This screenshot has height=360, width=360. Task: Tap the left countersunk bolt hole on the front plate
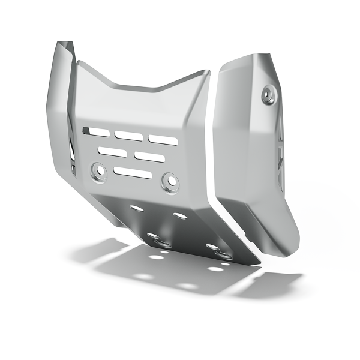(99, 170)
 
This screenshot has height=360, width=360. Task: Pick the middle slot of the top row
(128, 135)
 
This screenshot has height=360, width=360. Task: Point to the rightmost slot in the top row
(163, 140)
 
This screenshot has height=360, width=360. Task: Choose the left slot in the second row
(113, 151)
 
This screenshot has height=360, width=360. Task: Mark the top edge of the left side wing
(64, 44)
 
